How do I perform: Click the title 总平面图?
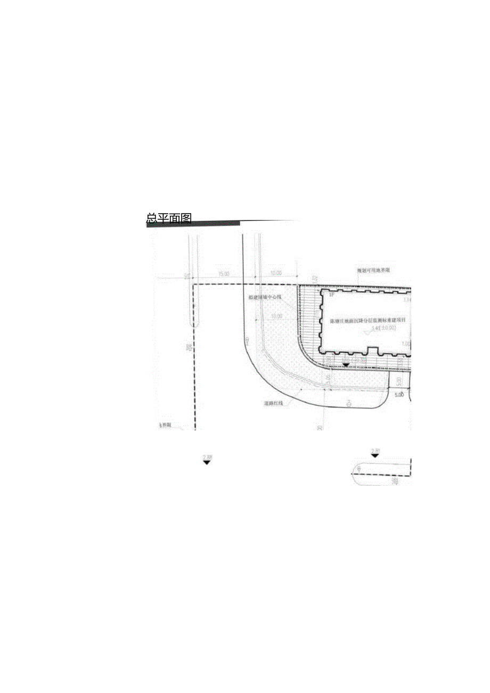[x=169, y=218]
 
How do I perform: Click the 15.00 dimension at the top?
[x=223, y=274]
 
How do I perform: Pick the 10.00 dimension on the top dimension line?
[x=276, y=274]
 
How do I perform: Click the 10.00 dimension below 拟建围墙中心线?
[x=276, y=316]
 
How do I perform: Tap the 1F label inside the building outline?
[x=331, y=295]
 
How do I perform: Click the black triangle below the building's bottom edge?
[x=346, y=365]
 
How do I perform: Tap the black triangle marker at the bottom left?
[x=207, y=462]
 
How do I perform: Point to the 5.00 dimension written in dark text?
[x=398, y=395]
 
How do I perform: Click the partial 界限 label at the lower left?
[x=166, y=425]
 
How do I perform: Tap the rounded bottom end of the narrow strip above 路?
[x=194, y=325]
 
